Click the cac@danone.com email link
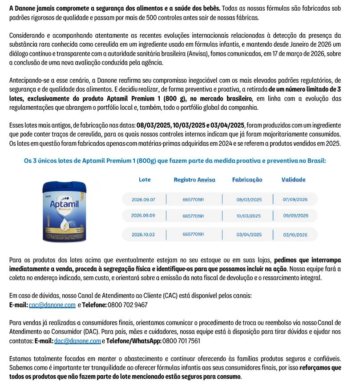[52, 305]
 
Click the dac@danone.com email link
[77, 341]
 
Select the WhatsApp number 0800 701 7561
[182, 341]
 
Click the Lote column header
[145, 180]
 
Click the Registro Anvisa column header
[194, 180]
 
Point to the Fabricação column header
[247, 180]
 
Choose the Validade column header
[293, 180]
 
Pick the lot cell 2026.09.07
[143, 200]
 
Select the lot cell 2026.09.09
[143, 216]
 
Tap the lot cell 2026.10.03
[143, 234]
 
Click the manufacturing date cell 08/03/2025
[249, 200]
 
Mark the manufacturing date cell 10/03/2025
[249, 216]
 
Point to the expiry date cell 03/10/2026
[295, 235]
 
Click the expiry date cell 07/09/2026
[295, 200]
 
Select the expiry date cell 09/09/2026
[295, 216]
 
